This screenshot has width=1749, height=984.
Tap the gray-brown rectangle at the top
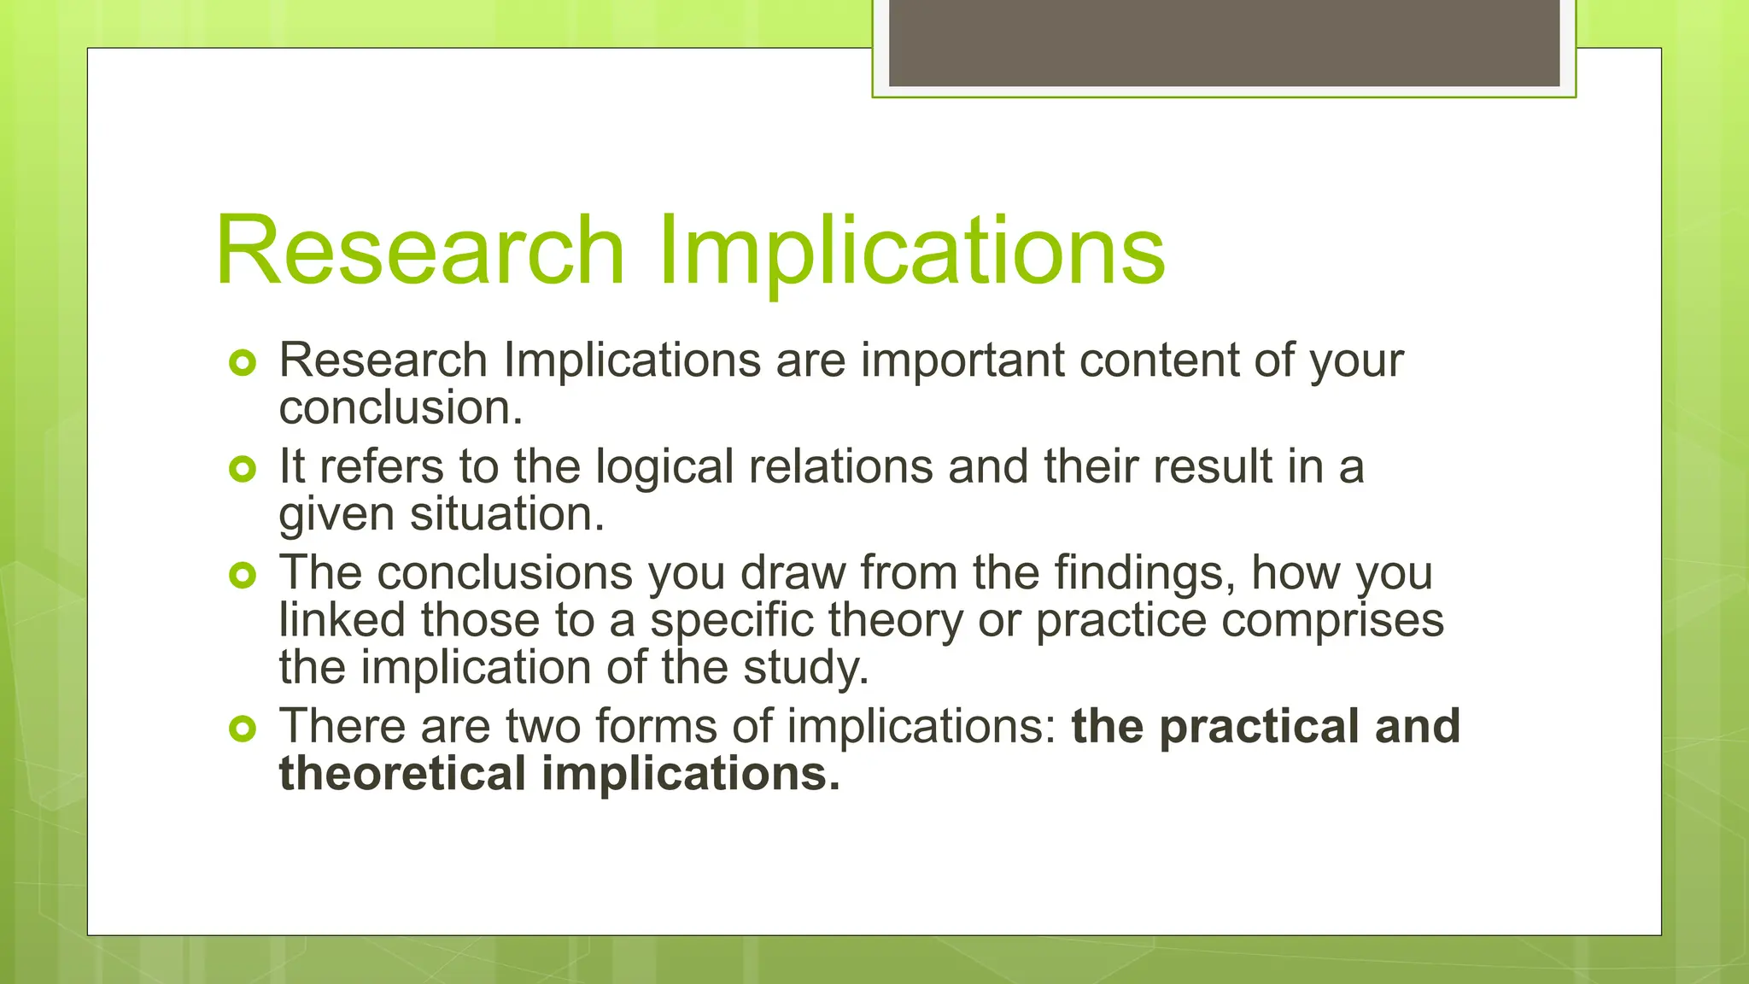coord(1224,43)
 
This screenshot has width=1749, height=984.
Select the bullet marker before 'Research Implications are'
coord(243,363)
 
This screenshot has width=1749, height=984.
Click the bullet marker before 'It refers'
coord(243,469)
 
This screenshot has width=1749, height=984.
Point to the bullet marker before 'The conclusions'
coord(243,575)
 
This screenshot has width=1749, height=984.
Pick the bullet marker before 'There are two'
coord(243,729)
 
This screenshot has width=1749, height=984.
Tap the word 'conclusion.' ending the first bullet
coord(401,408)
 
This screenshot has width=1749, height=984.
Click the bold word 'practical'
coord(1259,727)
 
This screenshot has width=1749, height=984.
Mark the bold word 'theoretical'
coord(402,774)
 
